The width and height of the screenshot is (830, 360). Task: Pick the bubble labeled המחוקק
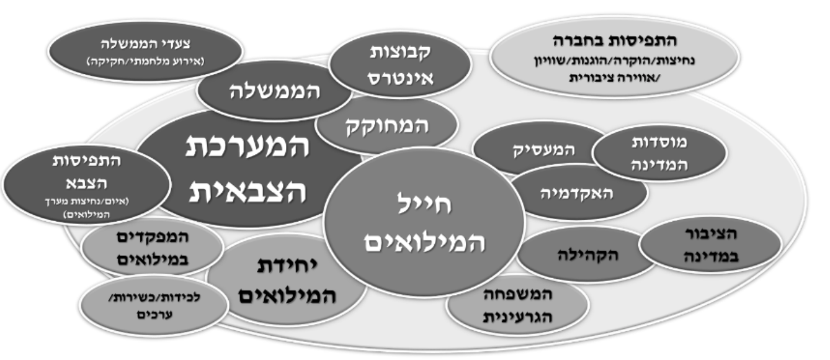click(x=386, y=127)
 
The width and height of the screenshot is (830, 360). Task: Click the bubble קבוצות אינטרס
click(x=391, y=66)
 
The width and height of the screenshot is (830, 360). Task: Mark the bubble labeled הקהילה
click(x=584, y=254)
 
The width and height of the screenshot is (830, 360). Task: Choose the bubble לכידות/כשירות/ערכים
click(x=154, y=304)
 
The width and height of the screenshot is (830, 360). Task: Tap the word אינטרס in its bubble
click(x=391, y=78)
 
